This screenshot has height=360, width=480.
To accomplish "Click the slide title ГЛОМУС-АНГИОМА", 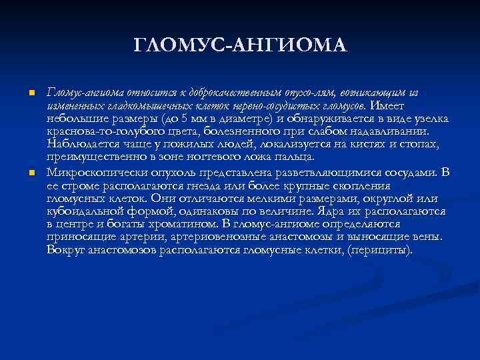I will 240,45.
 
